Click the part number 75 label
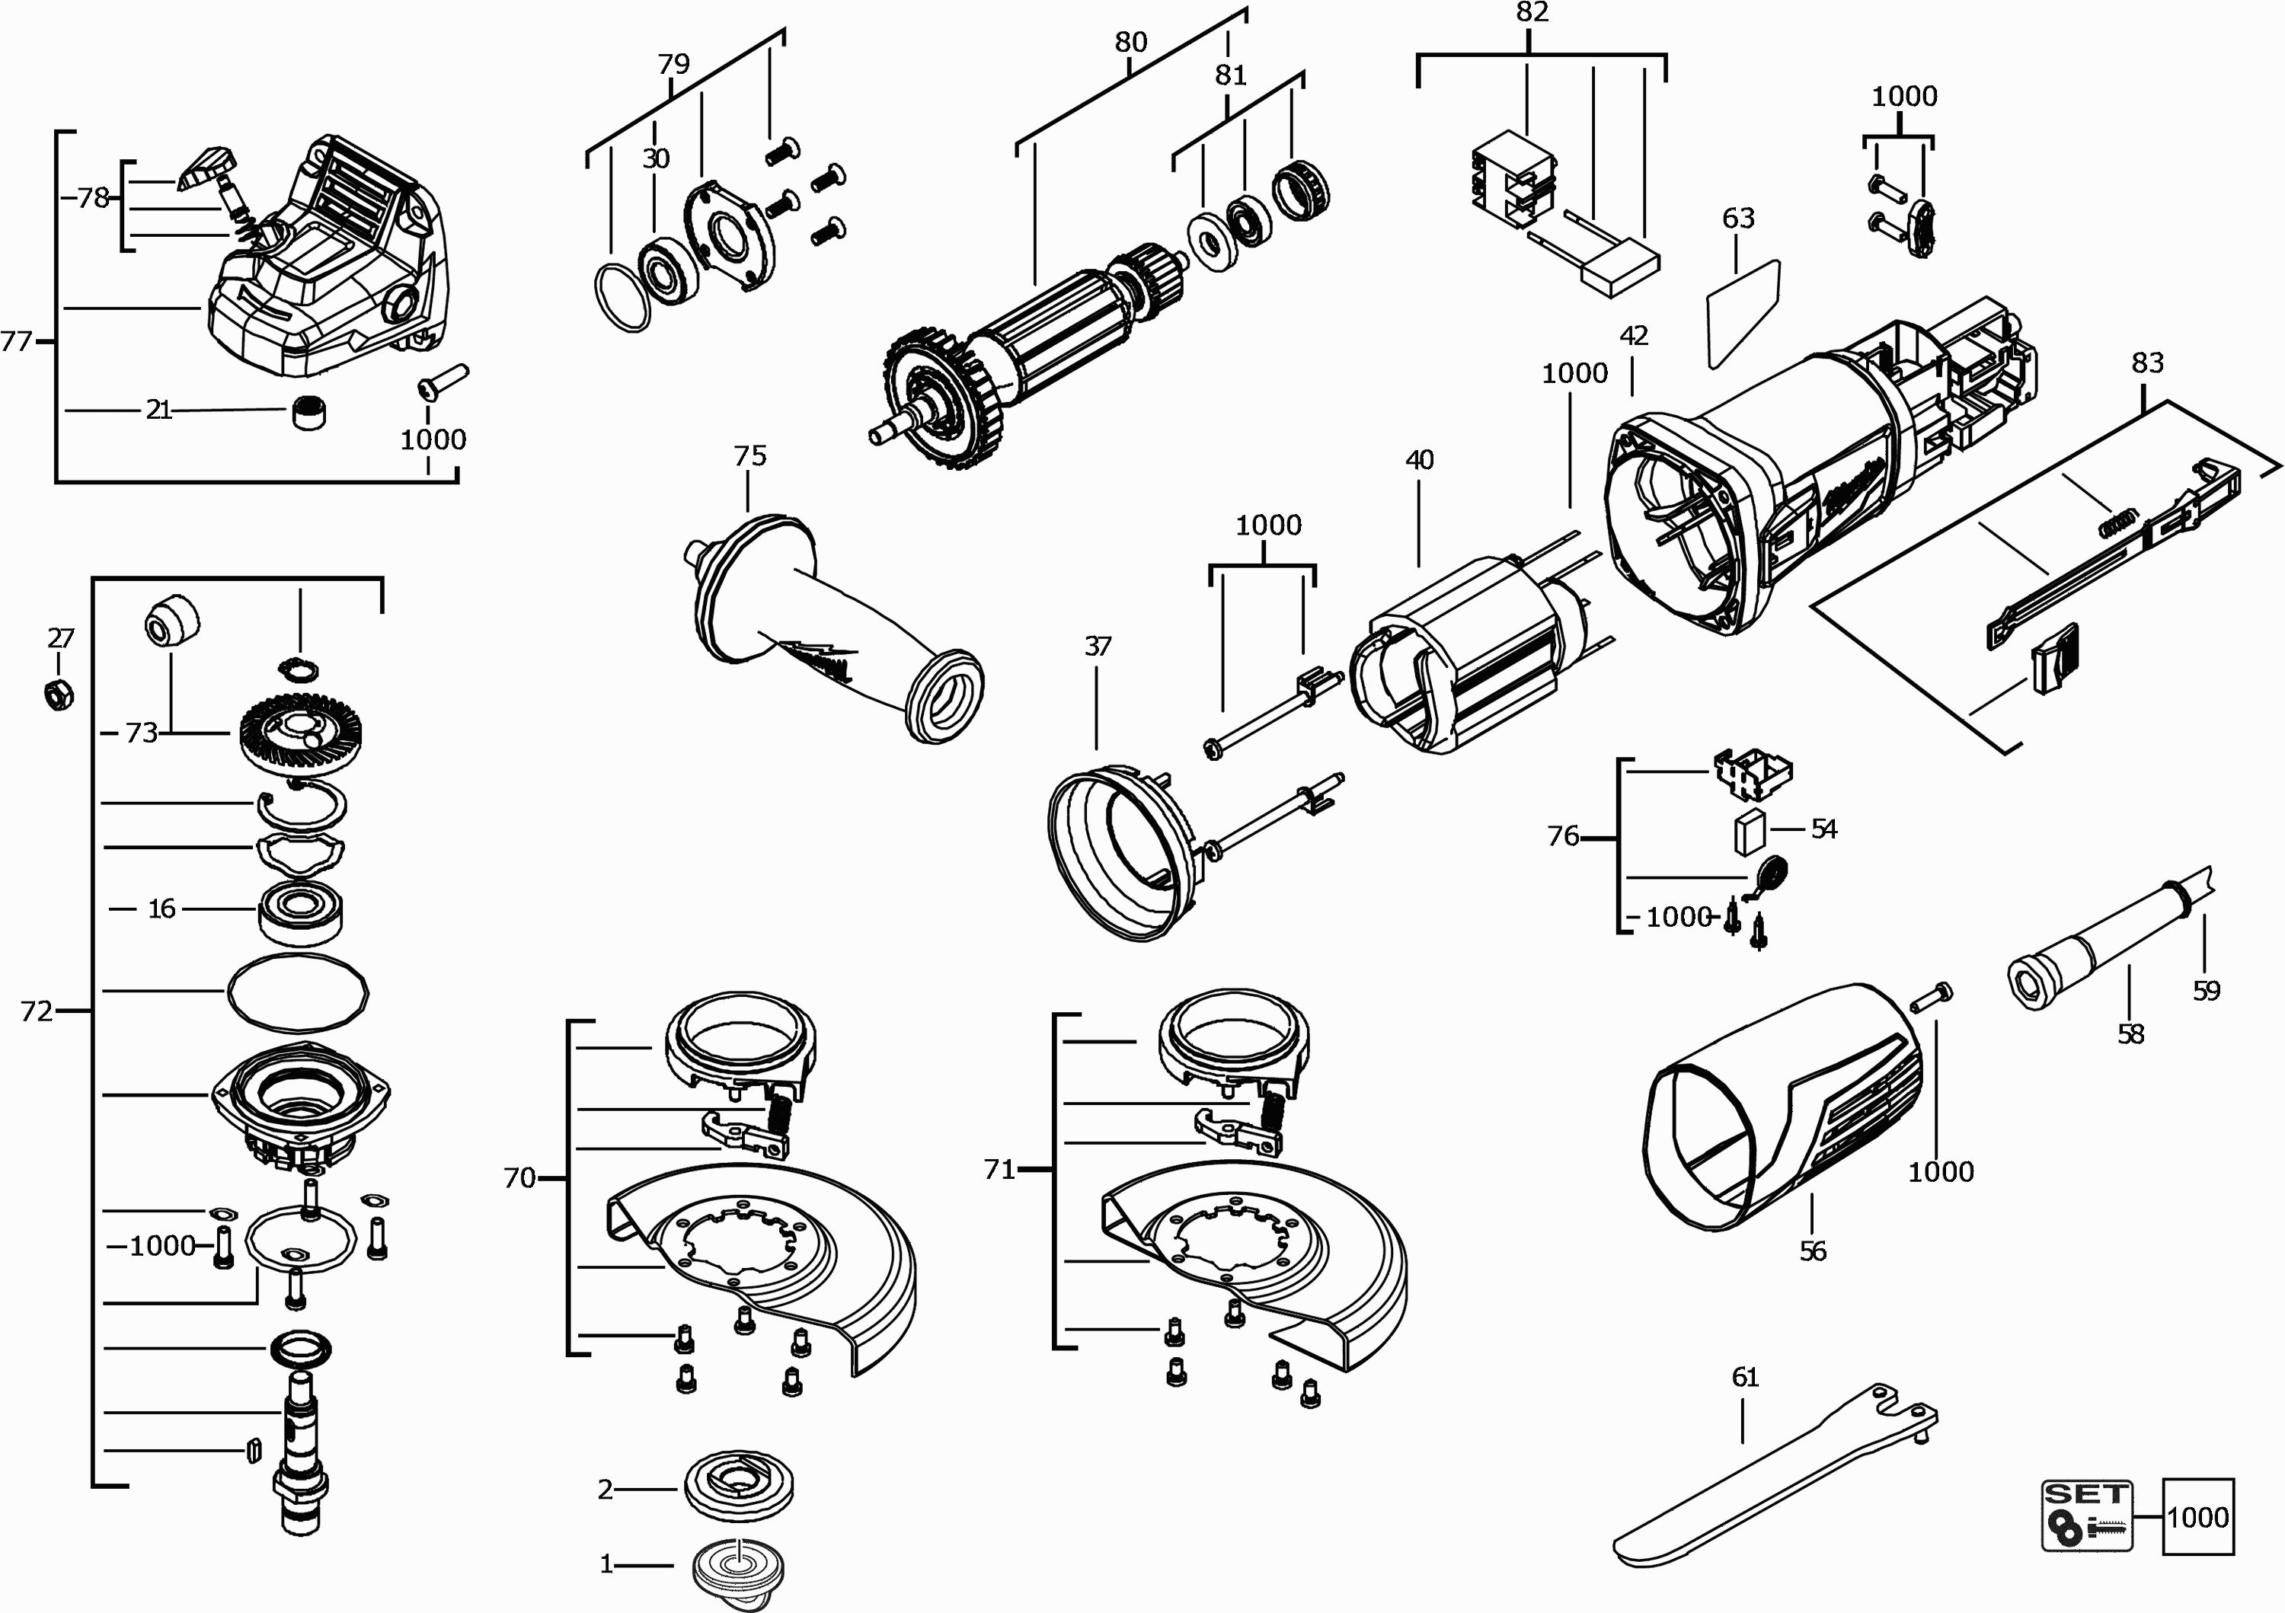pyautogui.click(x=749, y=455)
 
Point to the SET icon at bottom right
pyautogui.click(x=2087, y=1516)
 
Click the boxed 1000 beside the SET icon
pyautogui.click(x=2197, y=1516)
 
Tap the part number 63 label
pyautogui.click(x=1737, y=218)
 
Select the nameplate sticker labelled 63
pyautogui.click(x=1743, y=315)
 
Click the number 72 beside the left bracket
pyautogui.click(x=37, y=1011)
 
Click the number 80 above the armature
pyautogui.click(x=1130, y=42)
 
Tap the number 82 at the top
pyautogui.click(x=1532, y=12)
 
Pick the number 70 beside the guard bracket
pyautogui.click(x=519, y=1178)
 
